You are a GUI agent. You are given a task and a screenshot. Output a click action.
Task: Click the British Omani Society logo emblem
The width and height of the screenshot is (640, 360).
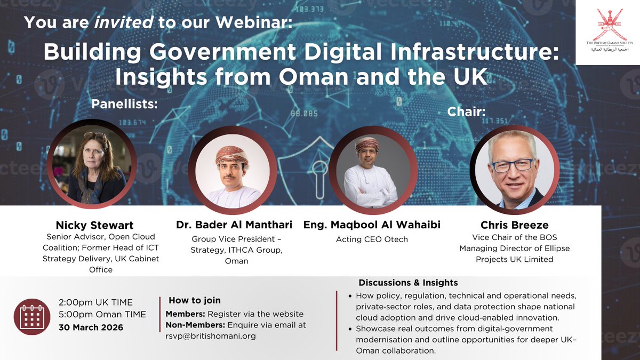pyautogui.click(x=608, y=24)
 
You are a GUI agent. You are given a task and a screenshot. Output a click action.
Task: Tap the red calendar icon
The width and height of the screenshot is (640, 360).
pyautogui.click(x=32, y=317)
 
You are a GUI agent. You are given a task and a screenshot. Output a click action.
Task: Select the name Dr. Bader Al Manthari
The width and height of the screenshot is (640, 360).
pyautogui.click(x=236, y=225)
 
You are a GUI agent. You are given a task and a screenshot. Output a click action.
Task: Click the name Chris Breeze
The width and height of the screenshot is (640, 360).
pyautogui.click(x=506, y=225)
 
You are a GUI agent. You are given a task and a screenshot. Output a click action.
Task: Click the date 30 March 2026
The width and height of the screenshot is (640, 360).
pyautogui.click(x=91, y=327)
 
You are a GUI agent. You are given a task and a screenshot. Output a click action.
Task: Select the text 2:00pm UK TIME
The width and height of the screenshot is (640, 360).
pyautogui.click(x=95, y=302)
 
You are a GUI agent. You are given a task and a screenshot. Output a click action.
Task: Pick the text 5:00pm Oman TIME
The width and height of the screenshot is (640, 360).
pyautogui.click(x=102, y=314)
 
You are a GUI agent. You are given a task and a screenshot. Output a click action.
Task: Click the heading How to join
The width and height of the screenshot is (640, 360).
pyautogui.click(x=195, y=300)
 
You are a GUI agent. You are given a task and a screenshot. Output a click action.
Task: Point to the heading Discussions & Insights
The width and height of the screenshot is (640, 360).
pyautogui.click(x=408, y=283)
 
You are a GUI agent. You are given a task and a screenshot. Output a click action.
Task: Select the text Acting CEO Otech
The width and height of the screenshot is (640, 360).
pyautogui.click(x=372, y=239)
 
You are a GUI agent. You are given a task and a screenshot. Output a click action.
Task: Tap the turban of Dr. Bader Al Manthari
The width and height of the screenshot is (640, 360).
pyautogui.click(x=231, y=155)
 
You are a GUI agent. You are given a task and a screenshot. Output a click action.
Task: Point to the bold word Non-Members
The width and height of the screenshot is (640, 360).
pyautogui.click(x=195, y=324)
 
